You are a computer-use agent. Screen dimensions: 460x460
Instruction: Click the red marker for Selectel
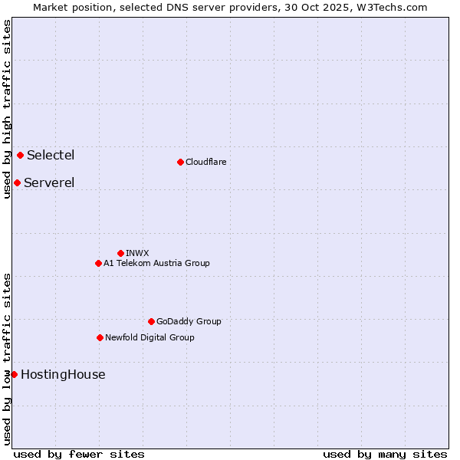point(20,156)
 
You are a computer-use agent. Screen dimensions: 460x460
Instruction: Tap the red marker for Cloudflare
point(180,162)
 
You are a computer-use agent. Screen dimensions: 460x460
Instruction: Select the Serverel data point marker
point(17,182)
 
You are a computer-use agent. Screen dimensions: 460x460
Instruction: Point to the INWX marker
point(120,253)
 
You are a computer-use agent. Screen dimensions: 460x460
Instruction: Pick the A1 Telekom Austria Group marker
point(98,263)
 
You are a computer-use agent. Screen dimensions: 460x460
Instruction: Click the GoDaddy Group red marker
point(151,321)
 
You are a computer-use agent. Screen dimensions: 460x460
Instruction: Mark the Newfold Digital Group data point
point(100,337)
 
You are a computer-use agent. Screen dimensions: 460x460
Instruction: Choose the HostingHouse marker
point(14,374)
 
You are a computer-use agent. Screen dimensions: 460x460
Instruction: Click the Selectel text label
point(51,156)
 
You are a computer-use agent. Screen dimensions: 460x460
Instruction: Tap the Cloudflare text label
point(205,162)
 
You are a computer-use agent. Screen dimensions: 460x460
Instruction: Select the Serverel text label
point(49,182)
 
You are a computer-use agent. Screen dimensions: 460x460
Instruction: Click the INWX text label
point(137,253)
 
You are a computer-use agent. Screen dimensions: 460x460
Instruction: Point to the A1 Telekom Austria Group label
point(156,263)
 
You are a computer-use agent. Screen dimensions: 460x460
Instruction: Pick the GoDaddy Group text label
point(189,321)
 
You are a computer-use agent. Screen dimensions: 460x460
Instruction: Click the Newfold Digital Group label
point(149,337)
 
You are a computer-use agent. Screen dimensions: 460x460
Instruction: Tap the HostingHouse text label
point(63,375)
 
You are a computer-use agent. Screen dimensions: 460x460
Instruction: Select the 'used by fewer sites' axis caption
point(79,454)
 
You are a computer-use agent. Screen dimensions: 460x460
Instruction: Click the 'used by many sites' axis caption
point(385,454)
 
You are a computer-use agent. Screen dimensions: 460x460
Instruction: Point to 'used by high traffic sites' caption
point(7,109)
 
